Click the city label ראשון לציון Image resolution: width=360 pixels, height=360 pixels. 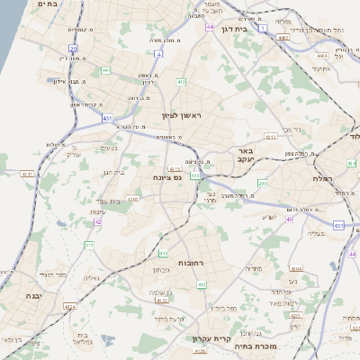184,116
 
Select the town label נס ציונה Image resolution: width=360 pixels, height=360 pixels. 166,177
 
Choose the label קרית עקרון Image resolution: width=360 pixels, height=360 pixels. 212,339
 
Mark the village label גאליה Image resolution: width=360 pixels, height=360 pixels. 90,278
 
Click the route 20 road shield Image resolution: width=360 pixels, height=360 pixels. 73,49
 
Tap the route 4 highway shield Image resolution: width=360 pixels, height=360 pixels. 158,54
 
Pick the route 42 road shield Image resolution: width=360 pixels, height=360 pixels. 97,221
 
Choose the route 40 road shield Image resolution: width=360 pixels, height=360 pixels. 290,219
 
